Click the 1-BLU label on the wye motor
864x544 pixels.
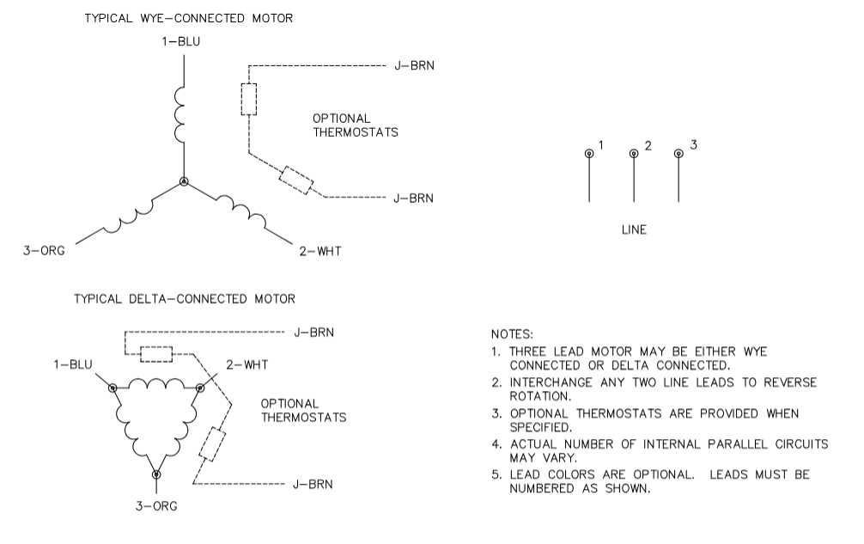click(183, 42)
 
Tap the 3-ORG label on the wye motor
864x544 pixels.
click(43, 251)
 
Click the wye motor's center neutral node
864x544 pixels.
click(183, 181)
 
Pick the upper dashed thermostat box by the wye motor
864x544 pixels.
click(248, 100)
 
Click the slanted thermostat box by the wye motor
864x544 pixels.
click(296, 180)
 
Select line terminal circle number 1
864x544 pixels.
click(589, 154)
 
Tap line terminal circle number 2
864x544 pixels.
click(634, 154)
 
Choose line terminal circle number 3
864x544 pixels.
click(678, 154)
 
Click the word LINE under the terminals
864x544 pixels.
click(634, 230)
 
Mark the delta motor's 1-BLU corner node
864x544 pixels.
click(113, 388)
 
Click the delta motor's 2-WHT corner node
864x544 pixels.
click(200, 388)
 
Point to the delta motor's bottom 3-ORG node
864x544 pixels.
click(156, 474)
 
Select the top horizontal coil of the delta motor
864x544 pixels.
click(156, 384)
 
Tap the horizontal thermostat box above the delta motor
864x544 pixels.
click(156, 354)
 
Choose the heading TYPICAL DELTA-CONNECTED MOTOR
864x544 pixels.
click(185, 299)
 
